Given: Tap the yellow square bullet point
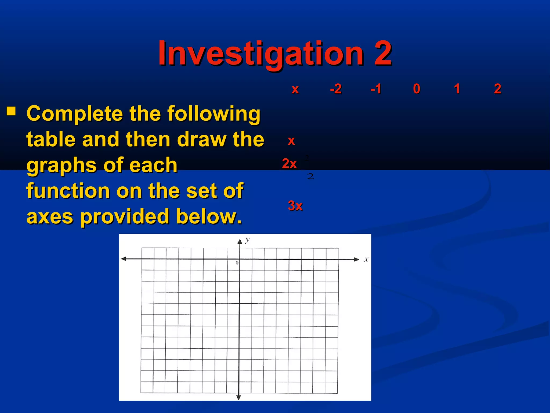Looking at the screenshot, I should pos(11,111).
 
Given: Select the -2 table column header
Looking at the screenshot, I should pos(336,89).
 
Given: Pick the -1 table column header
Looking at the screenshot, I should pos(376,89).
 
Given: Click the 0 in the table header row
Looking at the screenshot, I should pos(417,89).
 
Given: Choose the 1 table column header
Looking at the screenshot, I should pos(457,89).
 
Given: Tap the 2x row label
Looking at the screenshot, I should pos(289,163).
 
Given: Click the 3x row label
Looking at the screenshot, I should pos(295,206).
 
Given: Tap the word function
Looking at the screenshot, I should pos(68,191).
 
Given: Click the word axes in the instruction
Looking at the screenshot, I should pos(50,217).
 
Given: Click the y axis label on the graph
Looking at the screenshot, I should pos(247,239).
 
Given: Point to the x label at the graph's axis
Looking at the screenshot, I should pos(366,259).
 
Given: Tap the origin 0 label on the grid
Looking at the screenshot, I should pos(237,263).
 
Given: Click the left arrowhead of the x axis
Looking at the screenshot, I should pos(124,259).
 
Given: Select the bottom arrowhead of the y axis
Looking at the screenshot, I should pos(238,397).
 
